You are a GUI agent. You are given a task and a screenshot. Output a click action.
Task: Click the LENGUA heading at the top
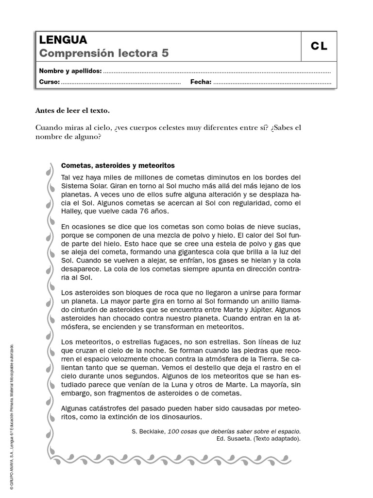pyautogui.click(x=63, y=40)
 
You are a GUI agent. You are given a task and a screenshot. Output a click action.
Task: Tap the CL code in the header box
pyautogui.click(x=319, y=47)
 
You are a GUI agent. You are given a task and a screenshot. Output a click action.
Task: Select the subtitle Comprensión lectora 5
pyautogui.click(x=104, y=53)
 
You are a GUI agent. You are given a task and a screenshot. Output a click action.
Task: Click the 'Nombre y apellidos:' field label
pyautogui.click(x=70, y=71)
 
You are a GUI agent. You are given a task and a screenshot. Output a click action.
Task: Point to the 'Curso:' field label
pyautogui.click(x=49, y=82)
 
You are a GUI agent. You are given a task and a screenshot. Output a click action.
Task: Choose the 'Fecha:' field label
pyautogui.click(x=201, y=82)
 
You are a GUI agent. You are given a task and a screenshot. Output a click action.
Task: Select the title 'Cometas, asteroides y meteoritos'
pyautogui.click(x=118, y=165)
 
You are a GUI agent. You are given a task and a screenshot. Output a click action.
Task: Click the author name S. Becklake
pyautogui.click(x=148, y=431)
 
